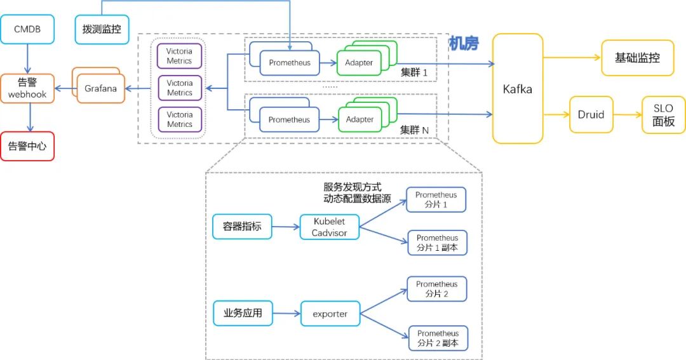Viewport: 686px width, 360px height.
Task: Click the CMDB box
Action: click(x=27, y=29)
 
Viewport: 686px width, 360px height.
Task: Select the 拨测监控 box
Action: click(x=102, y=29)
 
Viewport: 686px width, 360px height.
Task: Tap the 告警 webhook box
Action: click(x=27, y=88)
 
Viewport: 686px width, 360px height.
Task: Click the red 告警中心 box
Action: click(x=27, y=146)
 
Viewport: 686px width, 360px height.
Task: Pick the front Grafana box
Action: click(x=100, y=88)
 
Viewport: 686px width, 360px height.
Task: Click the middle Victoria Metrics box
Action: click(x=179, y=88)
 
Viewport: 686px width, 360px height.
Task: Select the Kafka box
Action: click(x=518, y=89)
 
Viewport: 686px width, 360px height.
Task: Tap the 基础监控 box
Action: click(x=638, y=58)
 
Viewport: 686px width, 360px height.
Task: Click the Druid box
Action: click(x=591, y=115)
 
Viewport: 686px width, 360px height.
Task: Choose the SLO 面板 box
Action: click(x=663, y=115)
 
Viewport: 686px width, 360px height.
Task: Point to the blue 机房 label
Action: click(x=464, y=43)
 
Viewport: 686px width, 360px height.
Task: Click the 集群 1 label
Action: click(x=414, y=72)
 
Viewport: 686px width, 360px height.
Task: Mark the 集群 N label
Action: click(x=414, y=130)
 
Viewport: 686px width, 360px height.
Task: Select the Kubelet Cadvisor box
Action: click(x=330, y=227)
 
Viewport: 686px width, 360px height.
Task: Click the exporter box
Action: click(x=330, y=314)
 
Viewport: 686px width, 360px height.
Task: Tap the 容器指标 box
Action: click(x=242, y=227)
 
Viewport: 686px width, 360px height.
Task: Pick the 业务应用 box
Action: click(x=243, y=313)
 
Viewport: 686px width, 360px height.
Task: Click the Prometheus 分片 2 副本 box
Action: click(x=438, y=338)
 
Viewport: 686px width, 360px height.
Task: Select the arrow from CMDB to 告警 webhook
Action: click(x=27, y=59)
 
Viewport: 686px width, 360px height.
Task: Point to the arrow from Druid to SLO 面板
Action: click(x=628, y=115)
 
